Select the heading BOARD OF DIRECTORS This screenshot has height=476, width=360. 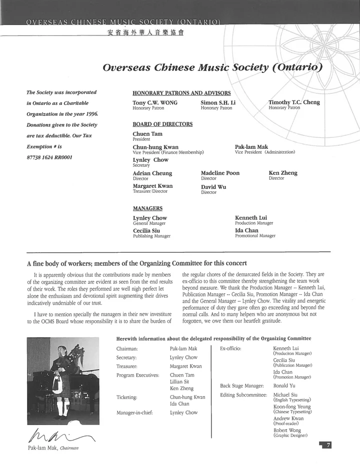pos(162,124)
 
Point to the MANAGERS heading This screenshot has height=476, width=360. pos(147,208)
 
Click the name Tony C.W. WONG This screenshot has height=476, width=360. pos(154,102)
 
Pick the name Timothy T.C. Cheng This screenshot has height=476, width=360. pos(294,102)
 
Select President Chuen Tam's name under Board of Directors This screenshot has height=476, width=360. pos(147,134)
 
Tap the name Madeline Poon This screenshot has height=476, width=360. pos(220,173)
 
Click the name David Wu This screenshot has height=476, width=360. pos(213,187)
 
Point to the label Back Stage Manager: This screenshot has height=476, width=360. pos(241,386)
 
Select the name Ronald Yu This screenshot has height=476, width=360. pos(285,386)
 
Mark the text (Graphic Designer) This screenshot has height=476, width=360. pos(290,436)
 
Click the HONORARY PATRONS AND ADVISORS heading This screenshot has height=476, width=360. pos(181,93)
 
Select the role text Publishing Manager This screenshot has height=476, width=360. pos(151,236)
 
